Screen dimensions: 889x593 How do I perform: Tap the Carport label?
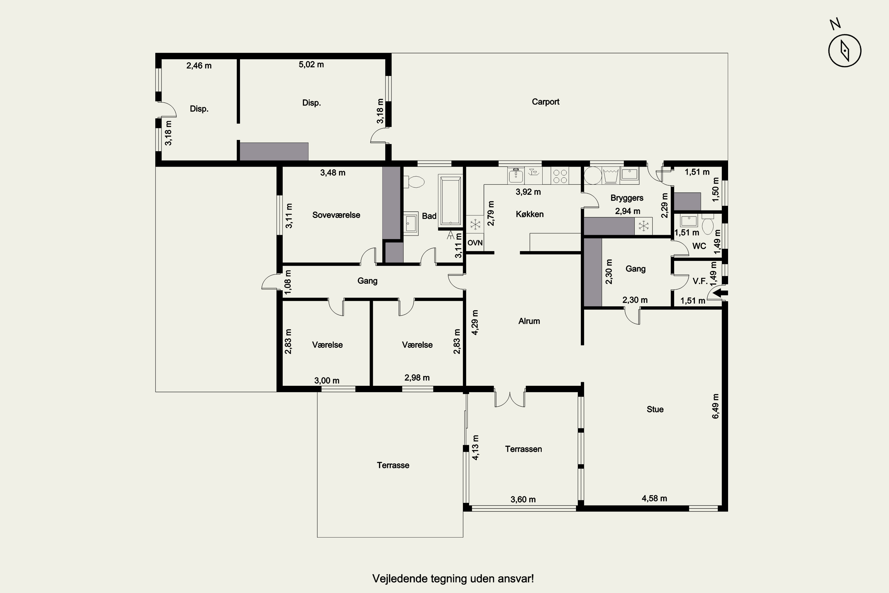point(546,102)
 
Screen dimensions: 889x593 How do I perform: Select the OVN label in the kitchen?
point(475,243)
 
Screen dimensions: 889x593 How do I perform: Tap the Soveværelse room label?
point(336,215)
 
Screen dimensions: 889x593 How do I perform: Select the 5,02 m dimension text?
point(311,65)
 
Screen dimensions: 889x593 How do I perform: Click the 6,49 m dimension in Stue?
point(716,406)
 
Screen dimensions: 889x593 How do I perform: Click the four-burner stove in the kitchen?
point(560,176)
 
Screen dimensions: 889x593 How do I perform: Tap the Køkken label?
point(530,214)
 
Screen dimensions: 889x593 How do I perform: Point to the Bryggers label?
point(627,198)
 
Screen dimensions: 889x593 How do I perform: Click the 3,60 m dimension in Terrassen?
point(523,500)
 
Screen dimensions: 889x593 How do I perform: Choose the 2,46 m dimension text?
point(199,66)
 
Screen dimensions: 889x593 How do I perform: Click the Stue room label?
point(655,409)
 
